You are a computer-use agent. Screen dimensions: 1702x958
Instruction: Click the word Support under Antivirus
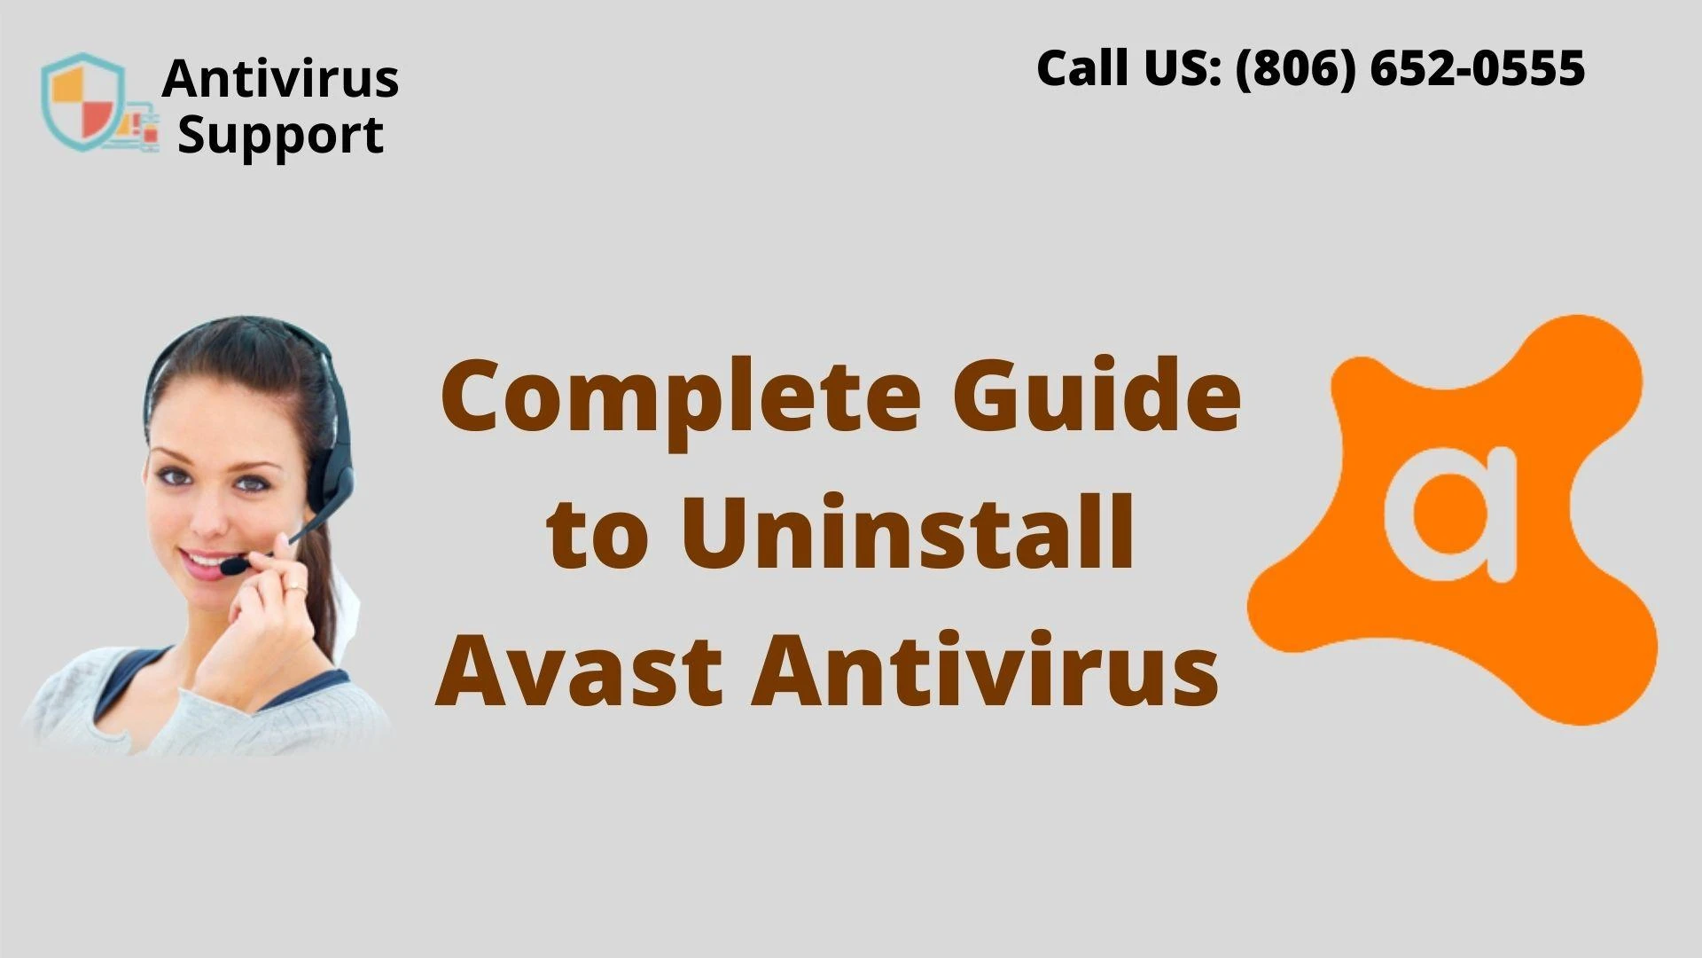[x=281, y=136]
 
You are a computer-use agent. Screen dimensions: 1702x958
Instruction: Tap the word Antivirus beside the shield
[x=280, y=78]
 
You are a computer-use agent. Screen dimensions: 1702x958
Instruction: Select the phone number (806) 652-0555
[x=1409, y=68]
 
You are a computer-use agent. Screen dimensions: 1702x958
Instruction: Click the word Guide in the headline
[x=1097, y=394]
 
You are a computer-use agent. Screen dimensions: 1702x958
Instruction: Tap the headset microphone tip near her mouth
[x=233, y=565]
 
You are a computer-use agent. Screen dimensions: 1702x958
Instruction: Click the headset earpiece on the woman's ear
[x=336, y=479]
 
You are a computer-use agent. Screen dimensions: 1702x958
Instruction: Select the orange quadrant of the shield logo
[x=69, y=88]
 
